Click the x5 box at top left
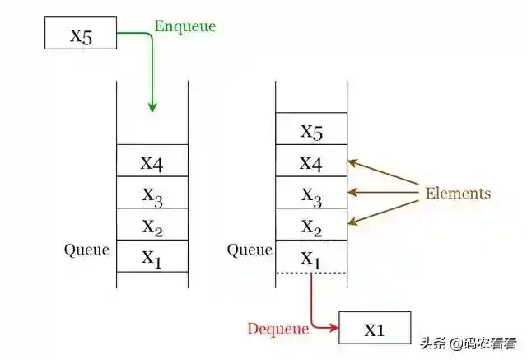[x=81, y=35]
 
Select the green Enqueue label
[x=184, y=26]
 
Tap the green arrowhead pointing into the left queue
[x=152, y=106]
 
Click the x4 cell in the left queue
[x=152, y=161]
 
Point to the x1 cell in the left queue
[x=152, y=256]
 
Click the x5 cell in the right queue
[x=311, y=129]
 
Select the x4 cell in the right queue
[x=311, y=161]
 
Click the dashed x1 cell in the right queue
[x=311, y=256]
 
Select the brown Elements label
[x=457, y=194]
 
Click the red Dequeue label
[x=277, y=329]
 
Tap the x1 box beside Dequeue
[x=374, y=329]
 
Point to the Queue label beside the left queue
[x=86, y=250]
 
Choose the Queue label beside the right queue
[x=250, y=250]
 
